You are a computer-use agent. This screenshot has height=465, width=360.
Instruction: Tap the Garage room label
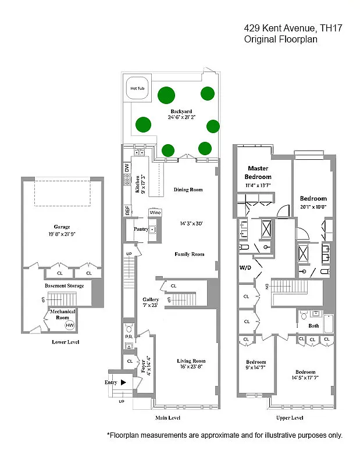[x=62, y=227]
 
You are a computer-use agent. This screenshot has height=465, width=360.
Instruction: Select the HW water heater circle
[x=69, y=325]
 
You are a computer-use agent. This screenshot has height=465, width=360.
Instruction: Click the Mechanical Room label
[x=62, y=314]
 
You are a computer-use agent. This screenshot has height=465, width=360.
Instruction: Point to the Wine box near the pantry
[x=155, y=213]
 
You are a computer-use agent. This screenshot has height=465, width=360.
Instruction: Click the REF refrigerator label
[x=127, y=211]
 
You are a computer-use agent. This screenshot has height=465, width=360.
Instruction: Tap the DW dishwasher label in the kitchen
[x=126, y=167]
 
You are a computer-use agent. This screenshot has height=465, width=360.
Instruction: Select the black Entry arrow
[x=123, y=382]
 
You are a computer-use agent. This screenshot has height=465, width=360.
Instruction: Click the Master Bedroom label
[x=258, y=173]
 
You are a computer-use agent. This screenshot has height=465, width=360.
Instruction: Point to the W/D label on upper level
[x=245, y=268]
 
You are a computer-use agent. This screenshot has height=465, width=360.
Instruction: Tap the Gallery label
[x=151, y=299]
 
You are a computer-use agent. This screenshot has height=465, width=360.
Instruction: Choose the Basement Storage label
[x=65, y=285]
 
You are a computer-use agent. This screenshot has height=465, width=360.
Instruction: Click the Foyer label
[x=141, y=367]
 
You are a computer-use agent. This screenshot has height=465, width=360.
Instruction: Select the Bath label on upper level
[x=313, y=326]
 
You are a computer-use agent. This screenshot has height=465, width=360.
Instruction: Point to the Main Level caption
[x=167, y=417]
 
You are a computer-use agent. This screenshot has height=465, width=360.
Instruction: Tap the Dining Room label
[x=188, y=189]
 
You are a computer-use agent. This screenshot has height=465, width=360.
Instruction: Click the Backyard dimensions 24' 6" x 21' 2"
[x=181, y=117]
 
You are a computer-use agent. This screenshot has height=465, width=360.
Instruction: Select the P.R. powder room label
[x=128, y=337]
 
